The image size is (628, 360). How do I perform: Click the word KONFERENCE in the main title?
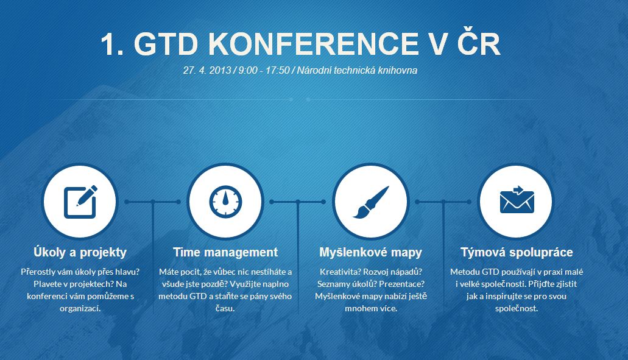coord(312,44)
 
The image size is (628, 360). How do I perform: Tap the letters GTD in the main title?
coord(166,44)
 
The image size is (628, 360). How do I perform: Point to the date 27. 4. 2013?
coord(207,71)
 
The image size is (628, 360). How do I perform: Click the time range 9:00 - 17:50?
coord(264,71)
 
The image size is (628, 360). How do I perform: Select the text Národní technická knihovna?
coord(358,71)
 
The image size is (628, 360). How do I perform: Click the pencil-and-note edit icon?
coord(80,202)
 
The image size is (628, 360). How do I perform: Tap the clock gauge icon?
coord(225,202)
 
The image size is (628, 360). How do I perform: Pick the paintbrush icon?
coord(371,202)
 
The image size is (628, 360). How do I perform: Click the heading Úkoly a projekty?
coord(80,252)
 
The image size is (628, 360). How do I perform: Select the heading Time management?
coord(225,252)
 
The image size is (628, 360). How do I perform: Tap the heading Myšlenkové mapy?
coord(371,252)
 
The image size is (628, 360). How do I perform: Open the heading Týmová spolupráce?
coord(517,252)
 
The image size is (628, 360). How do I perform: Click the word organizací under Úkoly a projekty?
coord(80,309)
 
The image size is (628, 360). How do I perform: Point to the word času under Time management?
coord(225,309)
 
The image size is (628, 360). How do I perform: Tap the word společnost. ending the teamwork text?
coord(517,309)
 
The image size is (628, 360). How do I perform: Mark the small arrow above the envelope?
coord(518,190)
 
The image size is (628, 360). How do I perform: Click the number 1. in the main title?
coord(112,44)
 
